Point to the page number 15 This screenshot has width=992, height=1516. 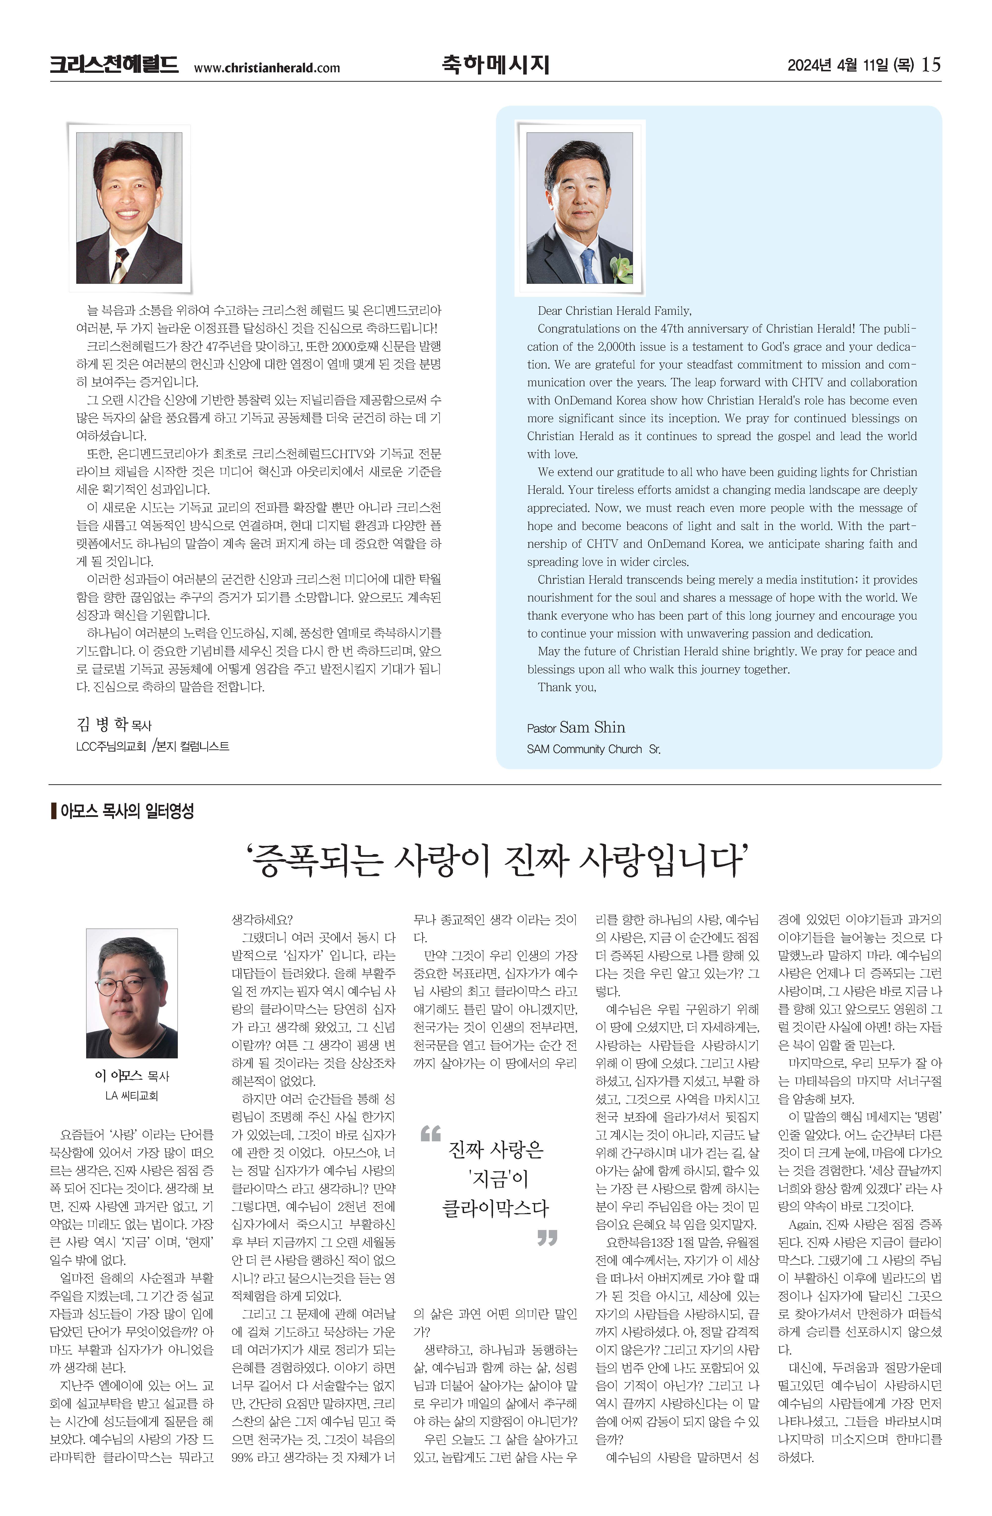point(931,64)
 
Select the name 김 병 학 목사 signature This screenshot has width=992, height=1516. point(113,724)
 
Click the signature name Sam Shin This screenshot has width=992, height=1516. point(592,728)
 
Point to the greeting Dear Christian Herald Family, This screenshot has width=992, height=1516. point(614,311)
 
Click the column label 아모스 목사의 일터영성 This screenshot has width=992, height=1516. point(127,811)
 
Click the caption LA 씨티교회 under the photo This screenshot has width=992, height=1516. point(131,1096)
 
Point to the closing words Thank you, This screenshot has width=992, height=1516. point(566,687)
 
